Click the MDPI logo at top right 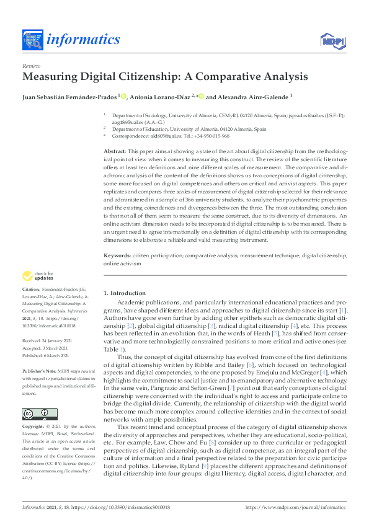333,41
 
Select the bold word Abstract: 115,151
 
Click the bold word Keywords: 118,255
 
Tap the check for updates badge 38,276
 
